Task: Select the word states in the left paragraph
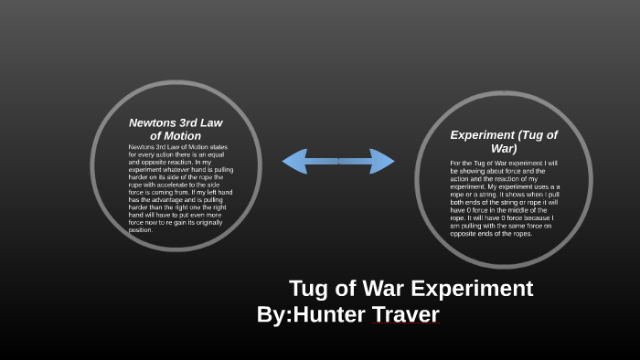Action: click(x=217, y=148)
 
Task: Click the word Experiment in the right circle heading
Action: click(x=486, y=135)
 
